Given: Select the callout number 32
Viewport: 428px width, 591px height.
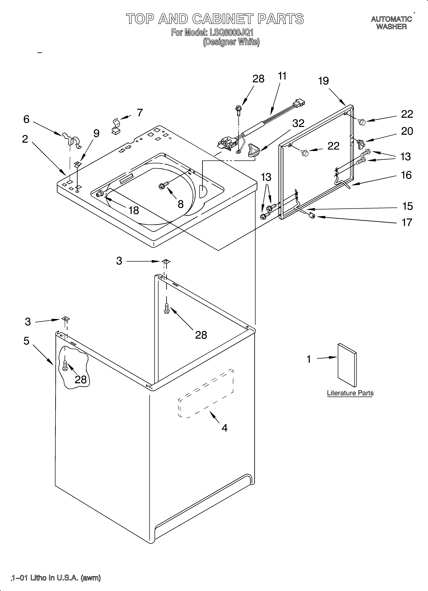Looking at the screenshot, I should pos(298,123).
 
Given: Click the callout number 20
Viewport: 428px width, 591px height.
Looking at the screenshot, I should pos(407,131).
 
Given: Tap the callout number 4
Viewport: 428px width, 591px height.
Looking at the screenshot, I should pos(224,428).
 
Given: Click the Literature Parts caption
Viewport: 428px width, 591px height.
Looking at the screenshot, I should pos(350,393).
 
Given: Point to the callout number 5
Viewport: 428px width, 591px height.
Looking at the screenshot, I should pos(26,341).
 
